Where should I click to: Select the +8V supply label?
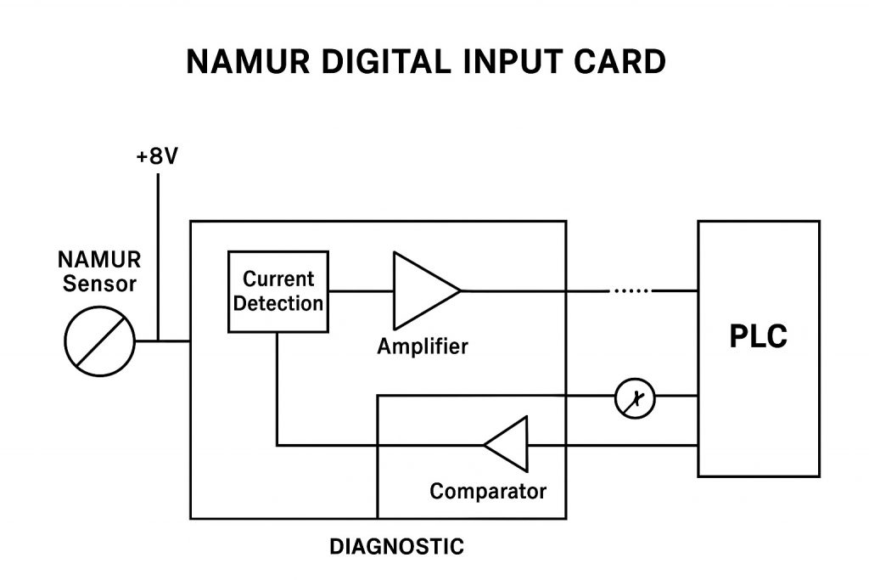pyautogui.click(x=157, y=158)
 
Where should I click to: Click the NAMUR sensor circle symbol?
pyautogui.click(x=100, y=342)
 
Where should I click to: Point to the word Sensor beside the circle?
pyautogui.click(x=99, y=284)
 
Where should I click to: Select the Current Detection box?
pyautogui.click(x=278, y=291)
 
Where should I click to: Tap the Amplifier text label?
pyautogui.click(x=423, y=346)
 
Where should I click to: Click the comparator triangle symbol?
pyautogui.click(x=508, y=444)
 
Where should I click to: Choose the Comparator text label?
pyautogui.click(x=488, y=491)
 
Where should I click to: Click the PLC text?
pyautogui.click(x=758, y=337)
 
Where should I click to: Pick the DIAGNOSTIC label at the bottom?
pyautogui.click(x=396, y=547)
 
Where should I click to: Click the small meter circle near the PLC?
pyautogui.click(x=635, y=396)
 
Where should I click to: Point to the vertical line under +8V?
pyautogui.click(x=158, y=255)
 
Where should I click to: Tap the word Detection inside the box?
pyautogui.click(x=278, y=303)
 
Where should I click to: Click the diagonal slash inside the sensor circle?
pyautogui.click(x=100, y=342)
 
